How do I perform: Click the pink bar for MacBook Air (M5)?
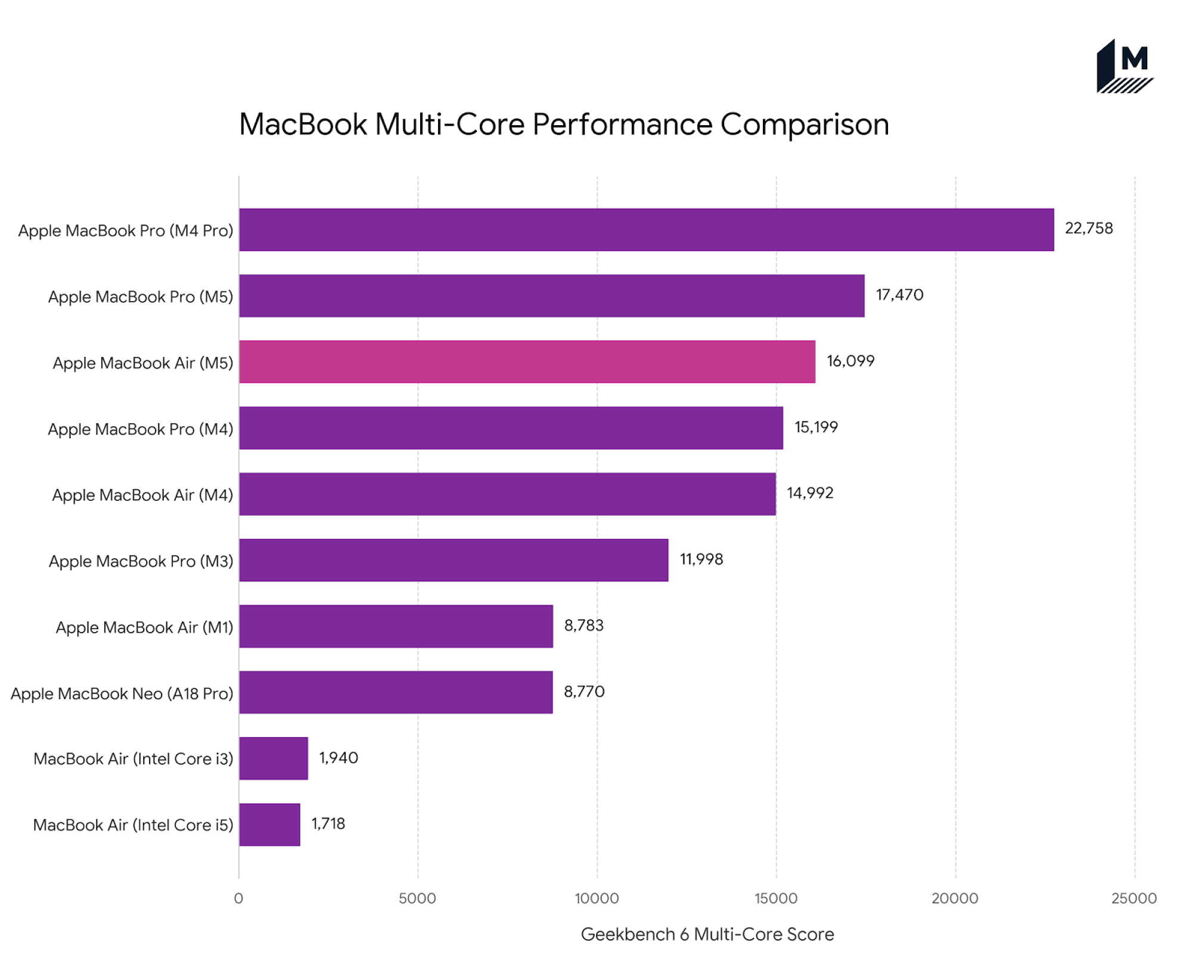point(527,361)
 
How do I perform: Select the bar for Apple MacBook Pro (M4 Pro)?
point(646,230)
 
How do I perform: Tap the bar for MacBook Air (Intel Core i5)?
point(269,824)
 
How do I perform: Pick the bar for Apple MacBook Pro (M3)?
point(453,560)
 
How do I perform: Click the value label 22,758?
point(1088,228)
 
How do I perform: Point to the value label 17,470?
point(899,295)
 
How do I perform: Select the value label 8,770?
point(583,692)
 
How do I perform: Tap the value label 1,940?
point(338,758)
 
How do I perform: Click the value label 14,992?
point(809,493)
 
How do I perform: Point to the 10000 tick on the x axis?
point(597,898)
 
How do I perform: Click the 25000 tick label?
point(1134,898)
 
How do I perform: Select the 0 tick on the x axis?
point(238,898)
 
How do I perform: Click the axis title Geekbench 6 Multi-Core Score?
point(707,934)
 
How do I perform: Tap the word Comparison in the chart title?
point(804,125)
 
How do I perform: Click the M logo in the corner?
point(1124,66)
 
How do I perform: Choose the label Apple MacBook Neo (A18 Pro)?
point(122,693)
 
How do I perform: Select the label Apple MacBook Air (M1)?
point(144,627)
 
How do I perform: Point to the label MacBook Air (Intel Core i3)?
point(133,758)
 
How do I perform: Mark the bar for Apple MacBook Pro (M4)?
point(511,428)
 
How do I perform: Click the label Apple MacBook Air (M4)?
point(142,495)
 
